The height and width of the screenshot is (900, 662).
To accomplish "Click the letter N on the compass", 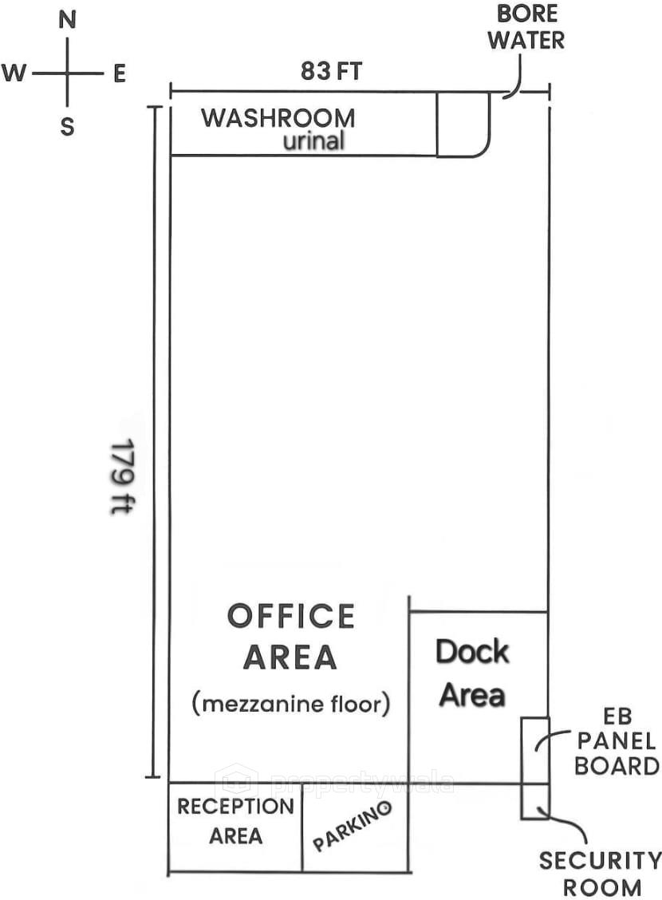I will tap(68, 21).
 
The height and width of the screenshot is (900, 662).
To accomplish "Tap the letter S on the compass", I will tap(68, 126).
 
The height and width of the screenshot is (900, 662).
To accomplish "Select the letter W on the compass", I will tap(14, 74).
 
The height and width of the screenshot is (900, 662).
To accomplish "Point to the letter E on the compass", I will tap(120, 74).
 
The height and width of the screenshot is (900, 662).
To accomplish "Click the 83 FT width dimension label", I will tap(331, 71).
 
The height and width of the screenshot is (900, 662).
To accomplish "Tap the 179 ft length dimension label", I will tap(120, 476).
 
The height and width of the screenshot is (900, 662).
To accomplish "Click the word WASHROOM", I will tap(278, 118).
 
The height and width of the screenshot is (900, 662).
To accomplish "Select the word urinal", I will tap(314, 141).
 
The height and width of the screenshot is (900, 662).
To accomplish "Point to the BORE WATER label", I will tap(526, 27).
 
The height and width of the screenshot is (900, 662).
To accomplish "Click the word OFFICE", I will tap(291, 617).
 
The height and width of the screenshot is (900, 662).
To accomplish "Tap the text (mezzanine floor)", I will tap(291, 704).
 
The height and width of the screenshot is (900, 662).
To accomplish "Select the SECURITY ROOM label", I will tap(600, 874).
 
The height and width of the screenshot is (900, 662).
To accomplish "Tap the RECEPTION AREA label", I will tap(235, 821).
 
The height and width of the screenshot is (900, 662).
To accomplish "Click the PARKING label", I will tap(353, 827).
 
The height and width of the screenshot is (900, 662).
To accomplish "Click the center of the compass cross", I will tap(68, 74).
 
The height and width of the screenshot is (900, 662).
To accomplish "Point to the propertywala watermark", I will tap(335, 781).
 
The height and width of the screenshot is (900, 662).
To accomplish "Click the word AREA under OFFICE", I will tap(290, 657).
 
